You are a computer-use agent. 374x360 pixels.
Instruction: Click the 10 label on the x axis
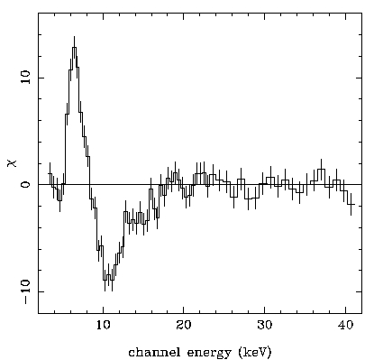tap(104, 325)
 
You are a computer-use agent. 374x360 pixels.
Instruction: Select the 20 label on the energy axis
tap(184, 325)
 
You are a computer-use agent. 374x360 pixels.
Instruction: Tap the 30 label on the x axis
tap(265, 325)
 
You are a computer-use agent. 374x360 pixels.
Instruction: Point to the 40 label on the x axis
tap(345, 325)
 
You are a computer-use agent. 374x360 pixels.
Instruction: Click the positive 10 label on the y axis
tap(26, 78)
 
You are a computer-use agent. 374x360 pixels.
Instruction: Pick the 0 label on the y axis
tap(26, 184)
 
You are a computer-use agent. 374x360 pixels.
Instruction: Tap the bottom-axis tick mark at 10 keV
tap(104, 309)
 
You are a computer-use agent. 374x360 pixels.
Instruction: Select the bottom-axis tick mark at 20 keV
tap(184, 309)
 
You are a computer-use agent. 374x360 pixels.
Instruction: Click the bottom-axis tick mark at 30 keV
tap(265, 309)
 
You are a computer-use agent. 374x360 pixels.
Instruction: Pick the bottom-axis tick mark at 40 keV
tap(345, 309)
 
